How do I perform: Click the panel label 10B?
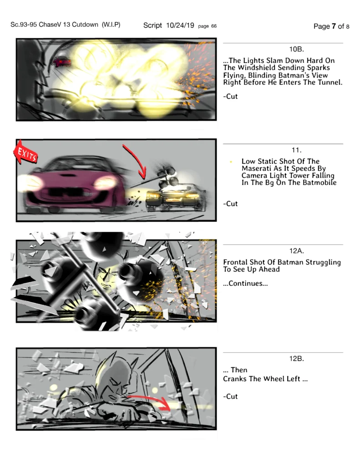pyautogui.click(x=296, y=49)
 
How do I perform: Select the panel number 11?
pyautogui.click(x=296, y=150)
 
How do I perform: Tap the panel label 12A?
pyautogui.click(x=296, y=251)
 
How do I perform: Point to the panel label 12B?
pyautogui.click(x=296, y=359)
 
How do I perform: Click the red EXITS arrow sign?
pyautogui.click(x=25, y=153)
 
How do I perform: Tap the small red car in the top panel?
pyautogui.click(x=62, y=62)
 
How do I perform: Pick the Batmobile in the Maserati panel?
pyautogui.click(x=175, y=197)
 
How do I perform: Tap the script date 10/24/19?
pyautogui.click(x=180, y=25)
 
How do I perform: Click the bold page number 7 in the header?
pyautogui.click(x=334, y=26)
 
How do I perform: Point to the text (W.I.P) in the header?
pyautogui.click(x=111, y=25)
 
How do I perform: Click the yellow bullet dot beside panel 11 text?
pyautogui.click(x=231, y=162)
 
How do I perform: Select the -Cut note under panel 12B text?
pyautogui.click(x=230, y=396)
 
